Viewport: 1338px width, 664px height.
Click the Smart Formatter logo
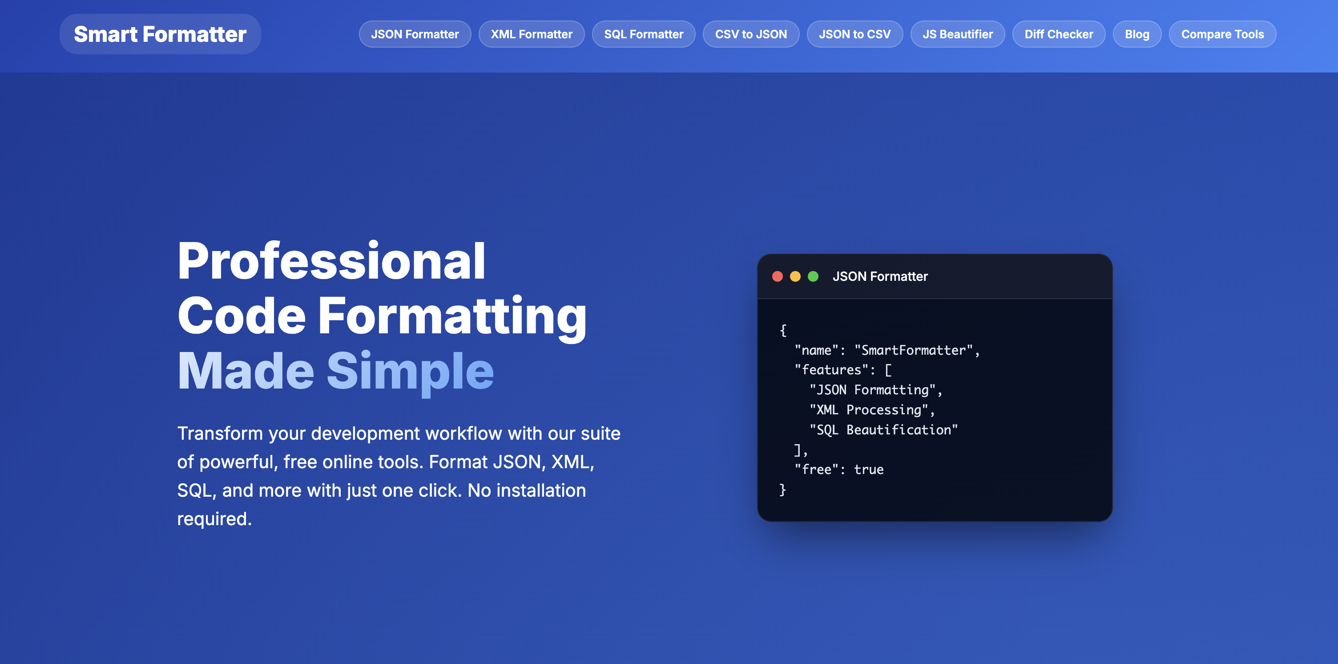[160, 34]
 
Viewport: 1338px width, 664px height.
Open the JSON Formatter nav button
[415, 34]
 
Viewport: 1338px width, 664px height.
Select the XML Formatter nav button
[532, 34]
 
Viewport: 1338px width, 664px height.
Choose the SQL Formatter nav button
[644, 34]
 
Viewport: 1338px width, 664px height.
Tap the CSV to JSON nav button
[750, 34]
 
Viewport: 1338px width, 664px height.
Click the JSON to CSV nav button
[854, 34]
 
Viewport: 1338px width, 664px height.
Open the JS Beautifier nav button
[957, 34]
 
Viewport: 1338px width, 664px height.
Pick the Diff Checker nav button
[1059, 34]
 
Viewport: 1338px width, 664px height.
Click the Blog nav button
[1137, 34]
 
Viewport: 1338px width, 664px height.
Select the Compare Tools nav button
[1222, 34]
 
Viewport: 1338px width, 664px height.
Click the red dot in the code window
[778, 276]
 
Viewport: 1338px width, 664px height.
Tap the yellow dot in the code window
[795, 276]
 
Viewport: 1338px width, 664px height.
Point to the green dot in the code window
[814, 276]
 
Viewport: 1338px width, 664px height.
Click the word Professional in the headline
[331, 261]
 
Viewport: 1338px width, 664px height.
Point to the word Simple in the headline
[410, 371]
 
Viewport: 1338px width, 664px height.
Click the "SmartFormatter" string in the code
[914, 350]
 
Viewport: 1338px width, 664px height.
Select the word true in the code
[869, 470]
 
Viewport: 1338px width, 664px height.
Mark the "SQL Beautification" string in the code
[883, 429]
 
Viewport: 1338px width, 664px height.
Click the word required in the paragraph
[214, 519]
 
